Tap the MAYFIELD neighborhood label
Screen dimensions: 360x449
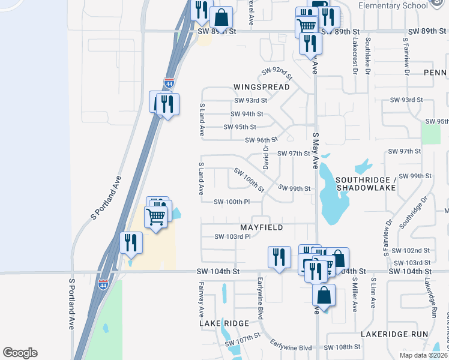point(261,228)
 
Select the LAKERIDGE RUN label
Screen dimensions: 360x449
point(394,334)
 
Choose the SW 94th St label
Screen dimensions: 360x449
point(247,113)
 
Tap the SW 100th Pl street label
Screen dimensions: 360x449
point(232,202)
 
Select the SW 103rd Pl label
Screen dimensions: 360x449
point(232,236)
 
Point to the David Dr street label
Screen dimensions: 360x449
point(265,155)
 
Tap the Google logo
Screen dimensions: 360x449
point(20,353)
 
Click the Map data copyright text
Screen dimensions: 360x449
point(423,355)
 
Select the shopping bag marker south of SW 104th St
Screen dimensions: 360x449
point(324,296)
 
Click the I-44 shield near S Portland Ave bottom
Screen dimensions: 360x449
point(104,280)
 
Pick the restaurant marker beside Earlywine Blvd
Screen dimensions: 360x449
point(279,257)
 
